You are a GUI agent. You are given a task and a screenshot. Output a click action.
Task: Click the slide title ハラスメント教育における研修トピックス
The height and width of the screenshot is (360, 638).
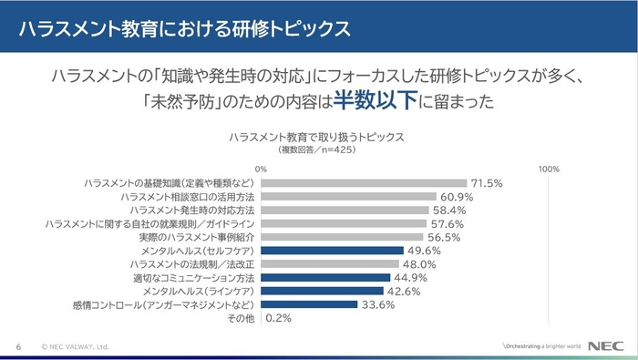[186, 26]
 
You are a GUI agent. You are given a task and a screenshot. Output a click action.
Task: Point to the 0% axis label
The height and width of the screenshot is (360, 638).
[262, 168]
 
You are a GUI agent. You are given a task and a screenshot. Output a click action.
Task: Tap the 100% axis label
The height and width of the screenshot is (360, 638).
[550, 168]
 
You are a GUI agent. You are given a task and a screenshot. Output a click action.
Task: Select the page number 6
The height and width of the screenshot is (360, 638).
[18, 347]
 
